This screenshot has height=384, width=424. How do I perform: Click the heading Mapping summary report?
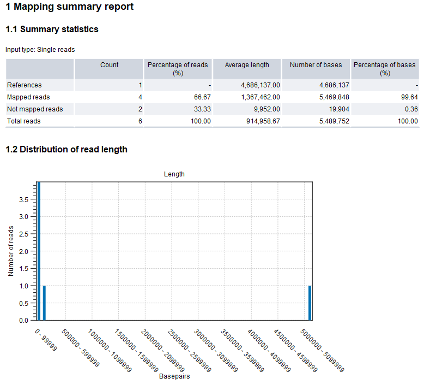(x=69, y=8)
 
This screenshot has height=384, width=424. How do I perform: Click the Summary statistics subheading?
(x=52, y=29)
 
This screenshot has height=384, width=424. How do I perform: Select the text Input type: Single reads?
(x=40, y=50)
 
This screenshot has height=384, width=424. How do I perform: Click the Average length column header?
(x=247, y=65)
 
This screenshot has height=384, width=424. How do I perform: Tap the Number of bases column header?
(x=316, y=65)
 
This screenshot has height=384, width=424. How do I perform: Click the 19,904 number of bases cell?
(x=338, y=109)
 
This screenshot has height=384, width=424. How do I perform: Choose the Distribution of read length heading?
(x=66, y=150)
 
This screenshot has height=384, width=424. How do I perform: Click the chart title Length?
(x=174, y=174)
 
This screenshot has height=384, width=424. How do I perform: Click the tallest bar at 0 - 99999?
(x=39, y=251)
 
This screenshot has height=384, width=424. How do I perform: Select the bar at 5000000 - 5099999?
(x=310, y=303)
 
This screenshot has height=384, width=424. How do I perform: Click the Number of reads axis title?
(x=11, y=251)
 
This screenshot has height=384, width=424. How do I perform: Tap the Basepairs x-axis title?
(x=174, y=377)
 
